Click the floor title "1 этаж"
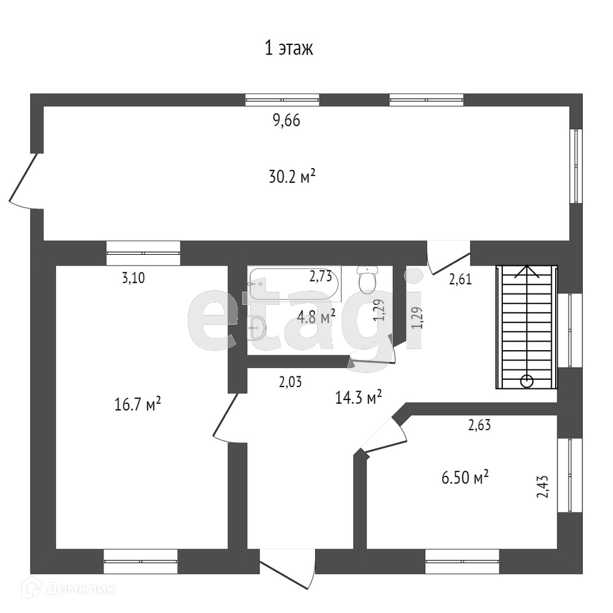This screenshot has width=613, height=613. (289, 49)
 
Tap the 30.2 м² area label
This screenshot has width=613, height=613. (292, 178)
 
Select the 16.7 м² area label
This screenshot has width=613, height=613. (137, 405)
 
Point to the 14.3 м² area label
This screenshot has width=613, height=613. (358, 397)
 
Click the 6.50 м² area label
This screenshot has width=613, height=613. (465, 478)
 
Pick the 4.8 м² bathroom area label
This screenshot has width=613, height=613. (316, 316)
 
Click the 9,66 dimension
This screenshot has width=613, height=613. (285, 121)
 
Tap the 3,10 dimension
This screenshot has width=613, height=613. (133, 278)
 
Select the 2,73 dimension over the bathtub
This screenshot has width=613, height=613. (321, 276)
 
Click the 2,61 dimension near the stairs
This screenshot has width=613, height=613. (460, 279)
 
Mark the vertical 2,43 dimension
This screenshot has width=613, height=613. (543, 486)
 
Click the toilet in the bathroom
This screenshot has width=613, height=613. (368, 278)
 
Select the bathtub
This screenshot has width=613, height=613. (294, 284)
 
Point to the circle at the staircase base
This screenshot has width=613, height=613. (527, 381)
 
